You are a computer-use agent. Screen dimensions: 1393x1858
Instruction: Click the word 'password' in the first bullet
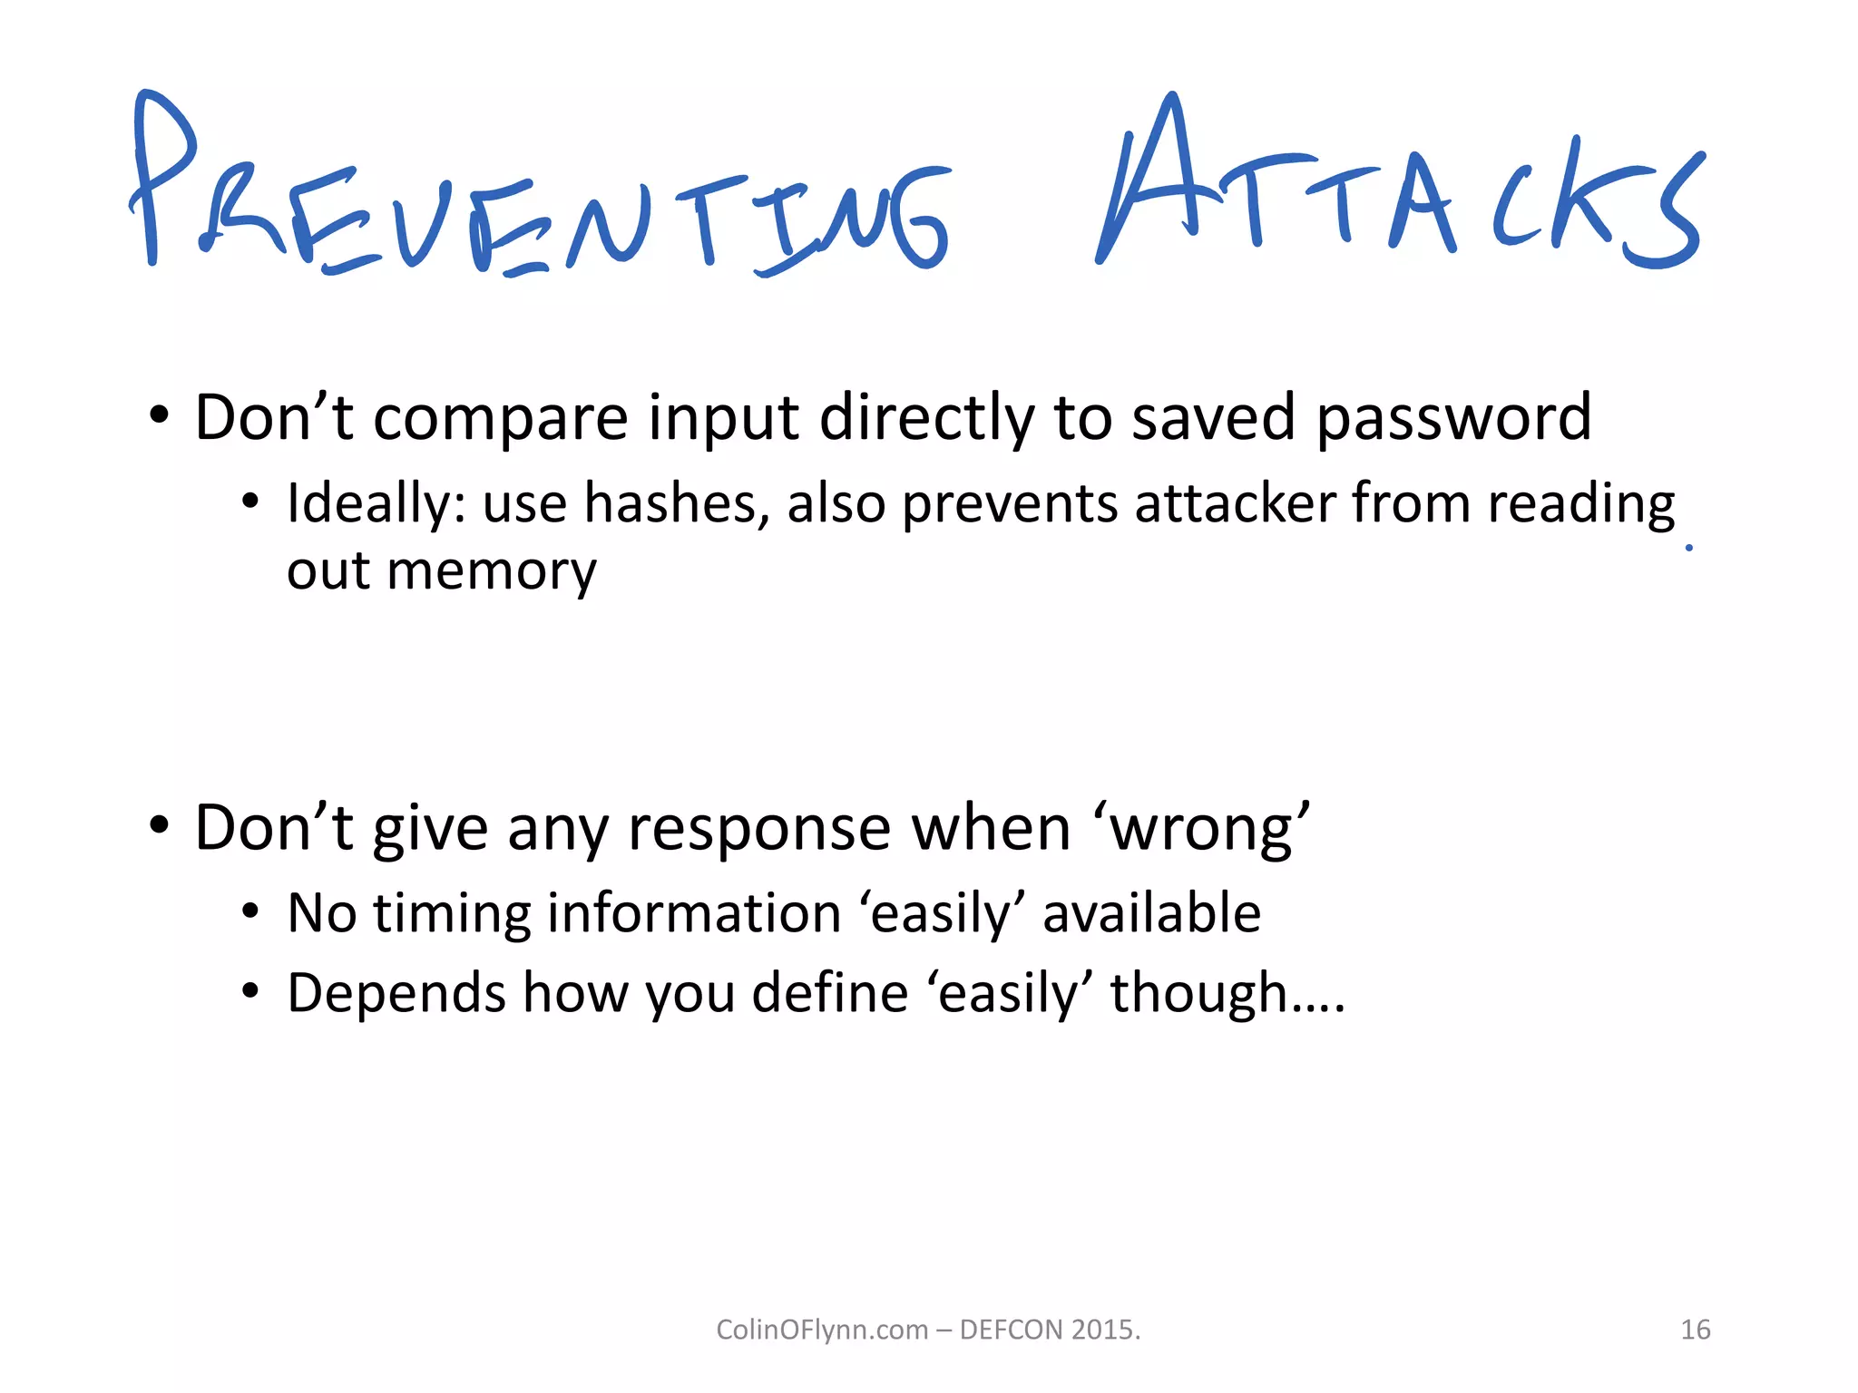pos(1453,419)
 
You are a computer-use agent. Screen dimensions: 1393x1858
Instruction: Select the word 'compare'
pos(500,419)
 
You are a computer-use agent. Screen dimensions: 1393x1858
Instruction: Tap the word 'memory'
pos(491,571)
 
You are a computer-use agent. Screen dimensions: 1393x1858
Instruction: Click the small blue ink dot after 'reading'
pos(1688,547)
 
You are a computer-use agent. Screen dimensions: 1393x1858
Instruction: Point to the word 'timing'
pos(452,914)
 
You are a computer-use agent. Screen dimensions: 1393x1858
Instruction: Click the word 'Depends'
pos(396,994)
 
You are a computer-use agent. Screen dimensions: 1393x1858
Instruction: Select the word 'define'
pos(830,992)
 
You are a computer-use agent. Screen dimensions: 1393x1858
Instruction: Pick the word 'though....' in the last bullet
pos(1227,994)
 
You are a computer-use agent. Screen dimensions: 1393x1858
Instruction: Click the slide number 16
pos(1695,1330)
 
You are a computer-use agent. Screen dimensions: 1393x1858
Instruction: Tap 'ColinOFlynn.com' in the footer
pos(822,1330)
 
